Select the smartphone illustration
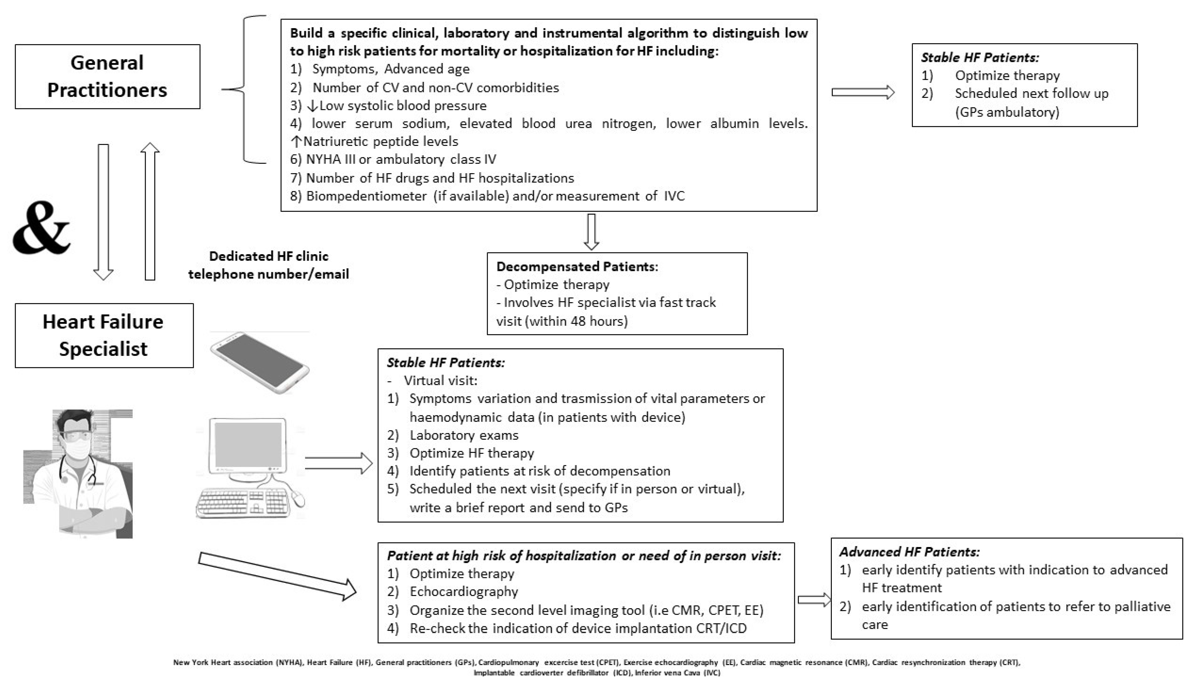pyautogui.click(x=259, y=362)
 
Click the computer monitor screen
pyautogui.click(x=248, y=444)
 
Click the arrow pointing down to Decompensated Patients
pyautogui.click(x=591, y=231)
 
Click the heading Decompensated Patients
pyautogui.click(x=576, y=267)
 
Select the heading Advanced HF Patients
pyautogui.click(x=909, y=552)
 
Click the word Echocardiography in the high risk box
pyautogui.click(x=464, y=591)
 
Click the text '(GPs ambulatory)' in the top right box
pyautogui.click(x=1007, y=112)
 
